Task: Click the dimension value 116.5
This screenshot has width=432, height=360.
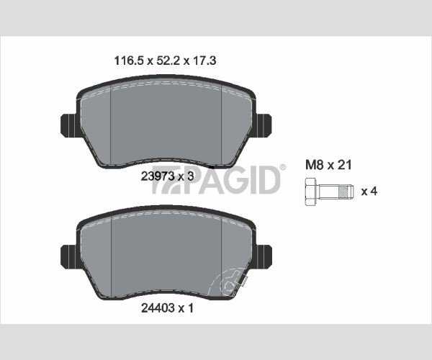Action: point(129,60)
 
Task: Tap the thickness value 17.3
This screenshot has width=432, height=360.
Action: point(204,60)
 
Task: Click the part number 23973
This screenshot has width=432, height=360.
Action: point(157,176)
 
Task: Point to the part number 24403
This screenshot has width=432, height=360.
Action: point(158,308)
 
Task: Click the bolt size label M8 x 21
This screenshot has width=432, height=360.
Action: point(328,165)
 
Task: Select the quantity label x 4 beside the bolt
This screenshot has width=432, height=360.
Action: point(369,191)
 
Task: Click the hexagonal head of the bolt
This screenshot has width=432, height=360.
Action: point(311,192)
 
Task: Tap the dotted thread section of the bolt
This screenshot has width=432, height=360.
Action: point(343,192)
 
